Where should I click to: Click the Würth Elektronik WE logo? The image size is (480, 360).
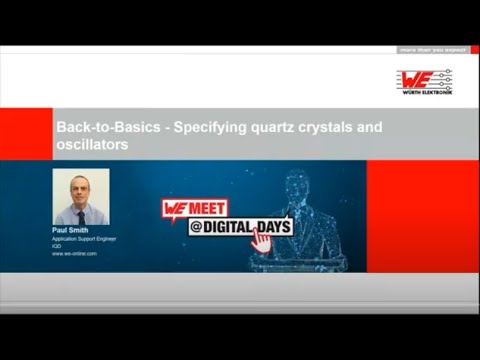point(424,80)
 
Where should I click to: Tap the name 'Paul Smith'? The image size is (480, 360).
point(71,230)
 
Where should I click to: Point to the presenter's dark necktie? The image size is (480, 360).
point(81,215)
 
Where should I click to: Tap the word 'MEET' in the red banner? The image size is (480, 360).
point(206,209)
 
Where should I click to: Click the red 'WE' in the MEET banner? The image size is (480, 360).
point(174,209)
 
